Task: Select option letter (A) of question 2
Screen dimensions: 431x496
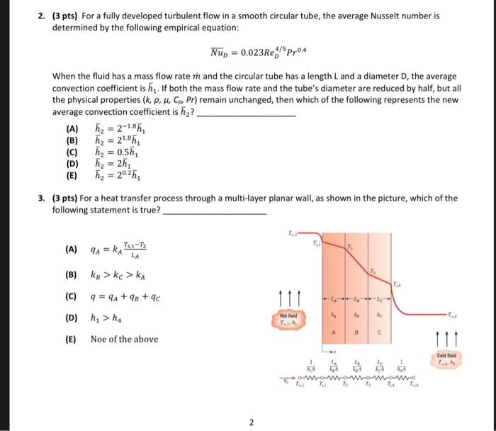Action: pos(72,128)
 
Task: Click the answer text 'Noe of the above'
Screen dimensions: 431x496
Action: pos(124,339)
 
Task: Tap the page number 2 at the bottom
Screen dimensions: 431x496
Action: pos(250,423)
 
